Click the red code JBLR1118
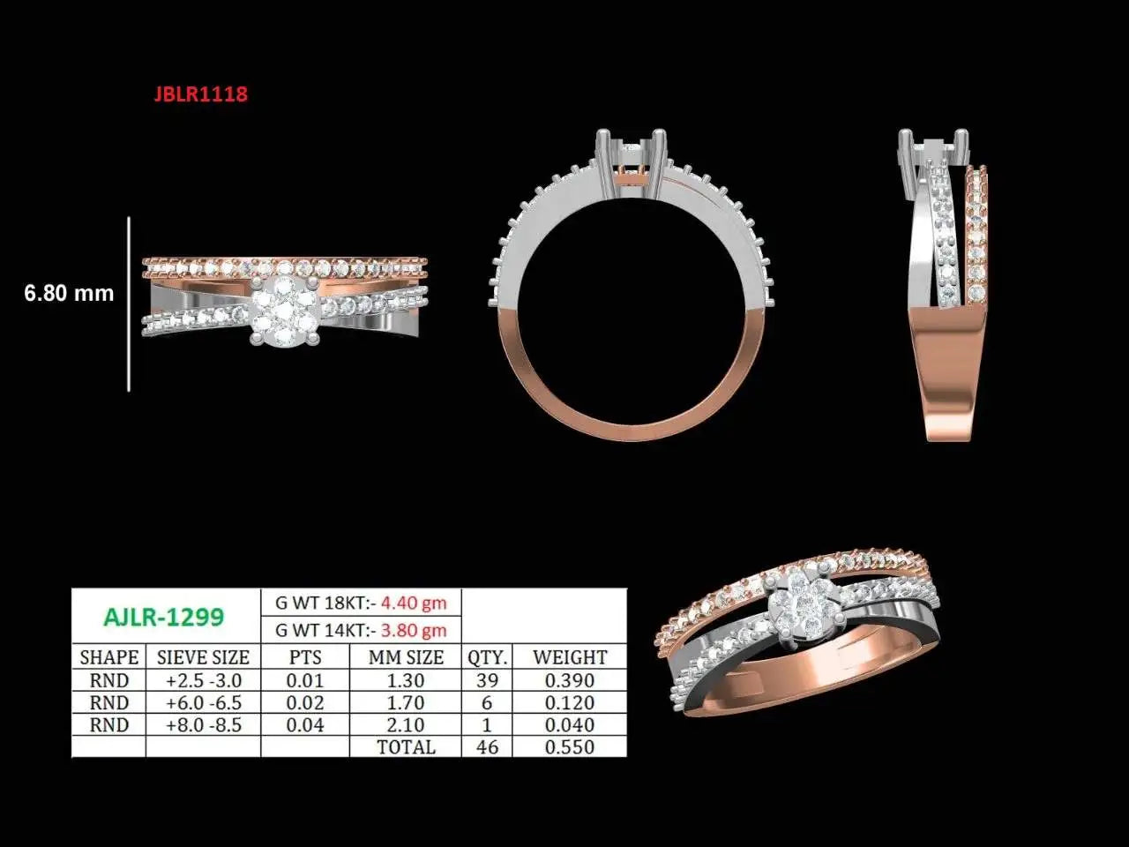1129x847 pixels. [x=200, y=94]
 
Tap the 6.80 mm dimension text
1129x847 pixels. [x=69, y=293]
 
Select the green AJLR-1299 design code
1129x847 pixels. [x=164, y=617]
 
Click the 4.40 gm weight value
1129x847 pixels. [x=414, y=603]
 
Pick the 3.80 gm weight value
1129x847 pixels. [x=414, y=630]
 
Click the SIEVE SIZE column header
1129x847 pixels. [x=203, y=657]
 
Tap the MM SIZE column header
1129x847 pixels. [x=406, y=657]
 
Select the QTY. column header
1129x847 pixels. [x=487, y=658]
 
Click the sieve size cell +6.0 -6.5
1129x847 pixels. [x=204, y=702]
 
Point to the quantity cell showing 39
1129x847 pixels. [x=487, y=680]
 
